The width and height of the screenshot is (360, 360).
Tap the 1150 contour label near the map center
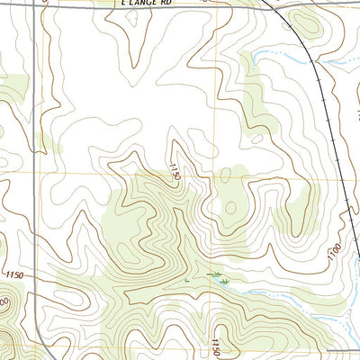pos(175,170)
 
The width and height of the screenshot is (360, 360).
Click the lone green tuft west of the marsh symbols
pos(186,281)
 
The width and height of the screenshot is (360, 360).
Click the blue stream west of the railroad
pos(279,58)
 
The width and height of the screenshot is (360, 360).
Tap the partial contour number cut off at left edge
pos(4,301)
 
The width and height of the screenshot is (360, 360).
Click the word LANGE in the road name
pos(147,4)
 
